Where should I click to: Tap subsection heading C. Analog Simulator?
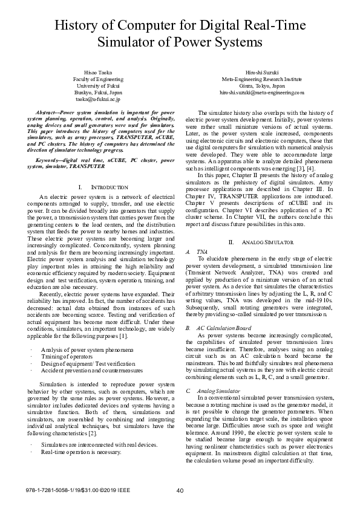coord(211,391)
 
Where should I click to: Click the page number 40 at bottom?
coord(180,490)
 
